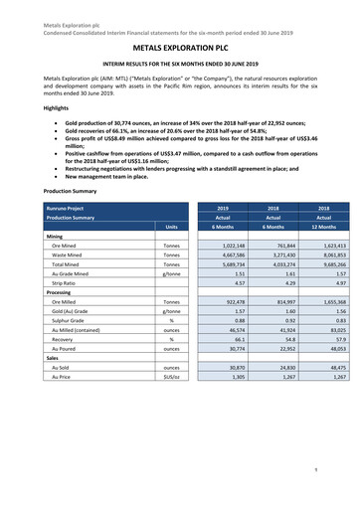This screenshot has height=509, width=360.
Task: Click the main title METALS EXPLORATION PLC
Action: coord(180,46)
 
